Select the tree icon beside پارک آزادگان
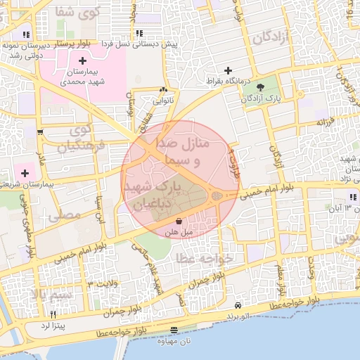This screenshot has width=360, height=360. pyautogui.click(x=262, y=87)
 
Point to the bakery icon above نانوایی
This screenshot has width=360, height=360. pyautogui.click(x=164, y=90)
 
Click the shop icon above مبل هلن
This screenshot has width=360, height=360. pyautogui.click(x=169, y=220)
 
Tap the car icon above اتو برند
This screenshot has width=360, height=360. pyautogui.click(x=238, y=307)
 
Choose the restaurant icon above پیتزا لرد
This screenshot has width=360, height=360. pyautogui.click(x=52, y=314)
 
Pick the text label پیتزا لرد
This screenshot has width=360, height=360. pyautogui.click(x=51, y=326)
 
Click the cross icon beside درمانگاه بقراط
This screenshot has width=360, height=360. pyautogui.click(x=228, y=70)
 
